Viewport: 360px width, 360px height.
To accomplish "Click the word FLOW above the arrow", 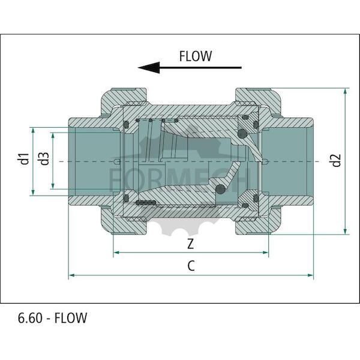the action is point(196,56).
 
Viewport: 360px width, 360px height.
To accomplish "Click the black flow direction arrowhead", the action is point(149,67).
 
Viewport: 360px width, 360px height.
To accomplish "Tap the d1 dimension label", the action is point(23,158).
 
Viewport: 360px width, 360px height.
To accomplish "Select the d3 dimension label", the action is point(44,158).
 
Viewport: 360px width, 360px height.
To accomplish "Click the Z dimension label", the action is point(191,244).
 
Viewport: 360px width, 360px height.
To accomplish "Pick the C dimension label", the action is point(191,266).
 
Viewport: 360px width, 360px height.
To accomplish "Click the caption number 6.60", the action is point(31,318).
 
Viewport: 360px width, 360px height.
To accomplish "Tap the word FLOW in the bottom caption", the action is point(71,318).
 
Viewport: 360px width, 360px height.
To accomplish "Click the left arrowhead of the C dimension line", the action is point(71,275).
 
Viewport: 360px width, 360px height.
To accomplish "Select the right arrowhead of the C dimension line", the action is point(310,275).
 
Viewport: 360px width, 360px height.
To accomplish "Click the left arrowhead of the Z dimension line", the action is point(116,253).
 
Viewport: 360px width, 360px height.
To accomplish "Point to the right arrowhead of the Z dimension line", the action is point(265,253).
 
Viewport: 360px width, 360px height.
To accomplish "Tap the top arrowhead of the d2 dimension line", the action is point(345,91).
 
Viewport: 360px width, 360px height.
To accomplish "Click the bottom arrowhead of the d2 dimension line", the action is point(345,231).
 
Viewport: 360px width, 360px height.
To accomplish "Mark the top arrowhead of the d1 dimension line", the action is point(33,131).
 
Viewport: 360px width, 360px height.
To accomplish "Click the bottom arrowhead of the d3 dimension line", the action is point(53,186).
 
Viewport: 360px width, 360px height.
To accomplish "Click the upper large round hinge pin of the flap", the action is point(242,133).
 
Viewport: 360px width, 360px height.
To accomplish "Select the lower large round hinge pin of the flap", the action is point(220,189).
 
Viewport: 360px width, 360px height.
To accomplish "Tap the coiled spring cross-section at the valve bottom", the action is point(146,203).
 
